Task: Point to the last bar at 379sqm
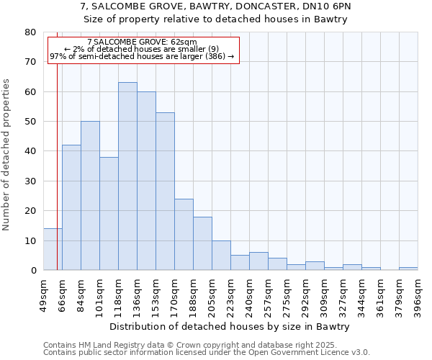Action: coord(408,269)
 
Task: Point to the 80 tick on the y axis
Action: coord(30,32)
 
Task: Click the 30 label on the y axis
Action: coord(30,181)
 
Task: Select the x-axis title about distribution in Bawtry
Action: coord(230,327)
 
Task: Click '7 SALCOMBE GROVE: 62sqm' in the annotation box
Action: coord(141,42)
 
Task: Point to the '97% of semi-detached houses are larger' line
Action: coord(142,56)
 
